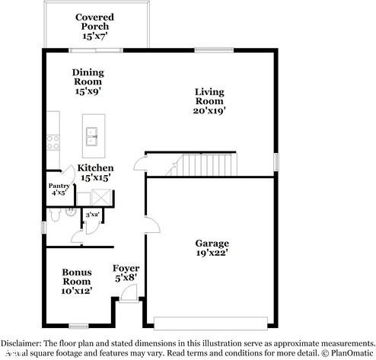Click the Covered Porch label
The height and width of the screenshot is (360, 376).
click(x=95, y=27)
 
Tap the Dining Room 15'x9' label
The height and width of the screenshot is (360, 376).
click(x=88, y=82)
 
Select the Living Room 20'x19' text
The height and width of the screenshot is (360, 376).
click(x=209, y=100)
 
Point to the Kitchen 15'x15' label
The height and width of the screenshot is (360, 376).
click(x=95, y=172)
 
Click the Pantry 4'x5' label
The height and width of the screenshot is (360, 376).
click(x=59, y=190)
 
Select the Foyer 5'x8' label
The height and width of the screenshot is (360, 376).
click(x=126, y=273)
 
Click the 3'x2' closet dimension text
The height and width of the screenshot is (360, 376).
click(x=92, y=215)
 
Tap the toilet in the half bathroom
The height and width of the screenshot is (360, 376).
click(x=53, y=218)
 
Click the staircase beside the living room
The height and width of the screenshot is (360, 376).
click(x=205, y=164)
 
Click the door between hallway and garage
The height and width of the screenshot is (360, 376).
click(x=151, y=225)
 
